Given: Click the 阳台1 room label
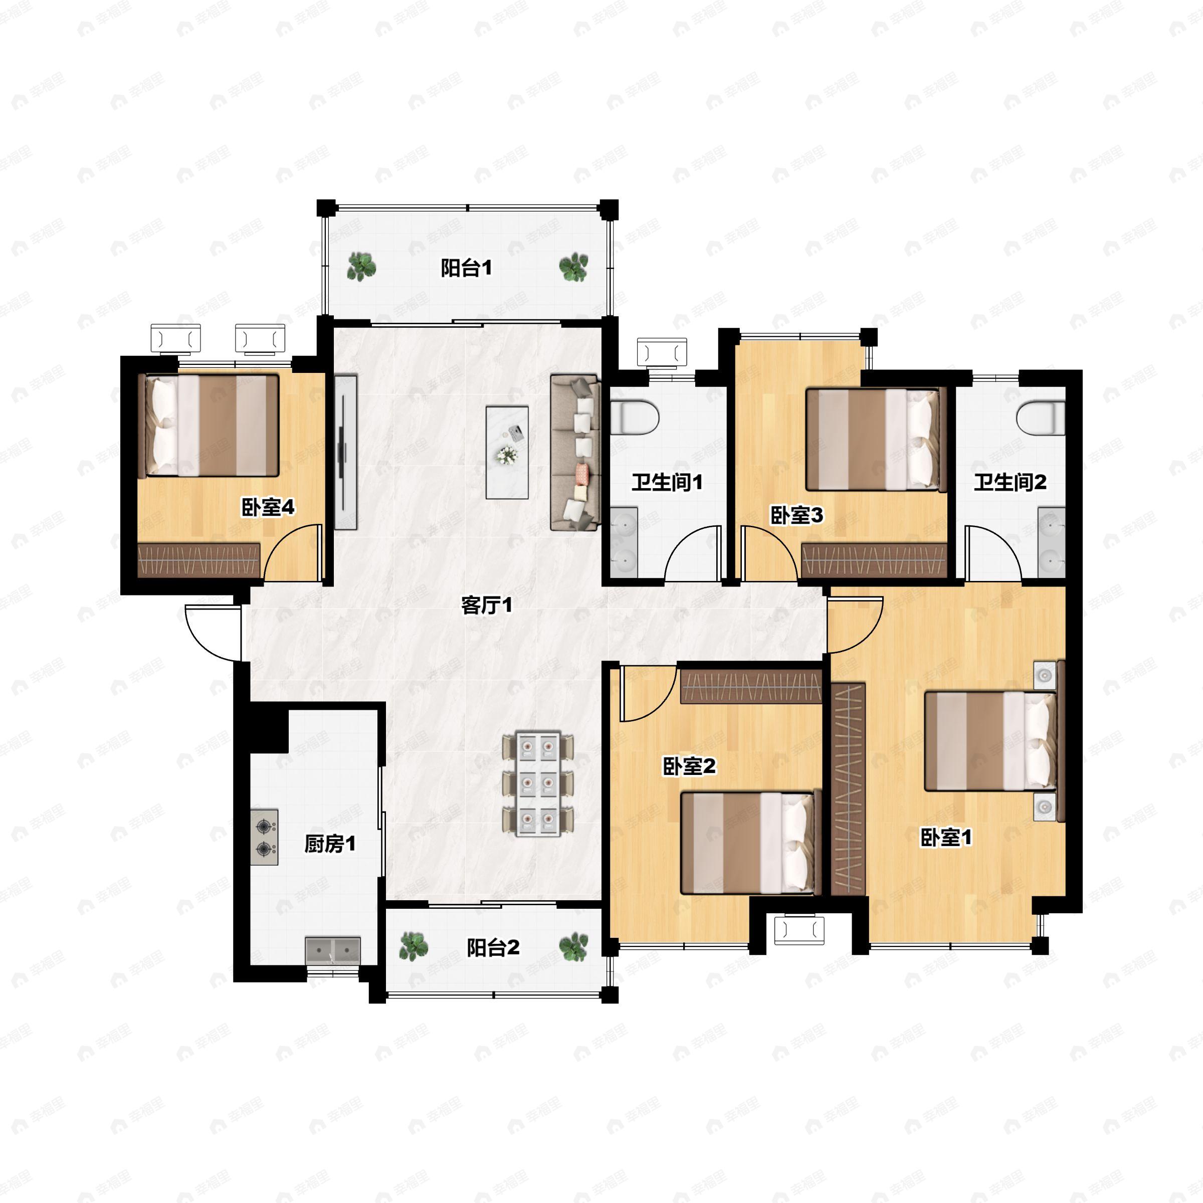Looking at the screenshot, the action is pyautogui.click(x=466, y=268).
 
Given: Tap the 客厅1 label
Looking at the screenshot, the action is pyautogui.click(x=487, y=605).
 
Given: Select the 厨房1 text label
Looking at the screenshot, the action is pyautogui.click(x=330, y=844).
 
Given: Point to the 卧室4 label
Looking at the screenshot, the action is pyautogui.click(x=268, y=507).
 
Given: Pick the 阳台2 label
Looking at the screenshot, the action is pyautogui.click(x=493, y=948).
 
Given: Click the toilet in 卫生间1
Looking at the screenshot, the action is pyautogui.click(x=634, y=417).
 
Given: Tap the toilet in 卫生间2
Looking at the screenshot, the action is pyautogui.click(x=1041, y=417).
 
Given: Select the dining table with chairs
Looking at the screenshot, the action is pyautogui.click(x=538, y=784).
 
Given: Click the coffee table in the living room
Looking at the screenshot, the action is pyautogui.click(x=507, y=452).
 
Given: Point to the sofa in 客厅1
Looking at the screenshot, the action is pyautogui.click(x=575, y=452).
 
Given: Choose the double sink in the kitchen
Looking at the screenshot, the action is pyautogui.click(x=332, y=951).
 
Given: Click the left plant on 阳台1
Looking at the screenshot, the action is pyautogui.click(x=361, y=267).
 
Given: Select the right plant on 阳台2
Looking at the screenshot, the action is pyautogui.click(x=573, y=947).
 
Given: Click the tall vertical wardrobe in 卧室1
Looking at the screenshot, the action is pyautogui.click(x=848, y=789).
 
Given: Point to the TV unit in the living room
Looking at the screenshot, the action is pyautogui.click(x=345, y=452).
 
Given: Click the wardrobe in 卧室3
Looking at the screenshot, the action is pyautogui.click(x=874, y=560).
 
